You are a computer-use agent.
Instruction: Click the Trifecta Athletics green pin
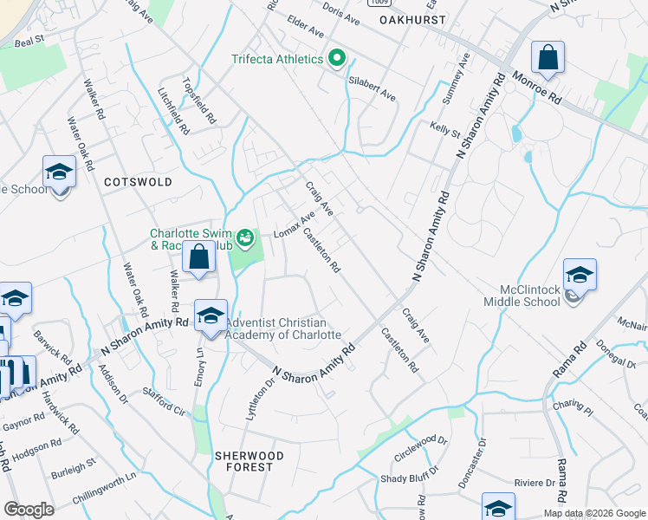pyautogui.click(x=337, y=60)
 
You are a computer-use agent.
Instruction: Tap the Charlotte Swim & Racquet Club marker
pyautogui.click(x=245, y=237)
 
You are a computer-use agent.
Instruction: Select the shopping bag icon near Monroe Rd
pyautogui.click(x=548, y=58)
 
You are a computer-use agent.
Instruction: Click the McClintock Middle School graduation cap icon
pyautogui.click(x=580, y=276)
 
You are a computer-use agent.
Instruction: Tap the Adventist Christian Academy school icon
pyautogui.click(x=211, y=316)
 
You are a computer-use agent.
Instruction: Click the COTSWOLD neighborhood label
pyautogui.click(x=138, y=182)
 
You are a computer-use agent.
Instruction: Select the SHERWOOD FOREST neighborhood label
pyautogui.click(x=243, y=461)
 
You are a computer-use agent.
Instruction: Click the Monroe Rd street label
pyautogui.click(x=536, y=88)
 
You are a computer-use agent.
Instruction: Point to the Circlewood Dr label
pyautogui.click(x=421, y=452)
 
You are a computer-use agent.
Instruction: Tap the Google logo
pyautogui.click(x=29, y=510)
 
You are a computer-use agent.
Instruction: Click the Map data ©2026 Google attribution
pyautogui.click(x=594, y=513)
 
